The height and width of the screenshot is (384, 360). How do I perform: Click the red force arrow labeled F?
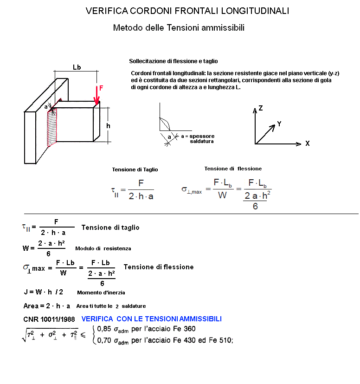point(97,95)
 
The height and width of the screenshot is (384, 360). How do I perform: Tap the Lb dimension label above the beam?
point(77,67)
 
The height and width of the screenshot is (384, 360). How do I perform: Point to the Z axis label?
point(261,108)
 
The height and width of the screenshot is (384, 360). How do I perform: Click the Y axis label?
point(279,124)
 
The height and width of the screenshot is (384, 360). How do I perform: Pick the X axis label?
point(307,144)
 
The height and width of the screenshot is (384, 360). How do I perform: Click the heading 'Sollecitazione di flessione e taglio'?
point(173,61)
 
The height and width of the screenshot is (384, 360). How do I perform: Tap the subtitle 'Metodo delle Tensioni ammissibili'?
point(179,28)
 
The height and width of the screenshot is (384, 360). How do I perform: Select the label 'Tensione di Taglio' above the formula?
point(135,170)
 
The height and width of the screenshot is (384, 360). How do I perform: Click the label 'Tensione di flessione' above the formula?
point(233,169)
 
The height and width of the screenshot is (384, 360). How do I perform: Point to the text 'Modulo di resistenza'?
point(103,249)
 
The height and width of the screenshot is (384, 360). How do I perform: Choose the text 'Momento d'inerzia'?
point(101,293)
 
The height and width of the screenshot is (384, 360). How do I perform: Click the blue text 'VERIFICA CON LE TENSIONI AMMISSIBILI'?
point(151,319)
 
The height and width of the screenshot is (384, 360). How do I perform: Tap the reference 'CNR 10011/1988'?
point(49,319)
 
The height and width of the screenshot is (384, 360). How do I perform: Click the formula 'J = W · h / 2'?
point(43,292)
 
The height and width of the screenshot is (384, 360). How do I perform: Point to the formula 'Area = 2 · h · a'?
point(47,306)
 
